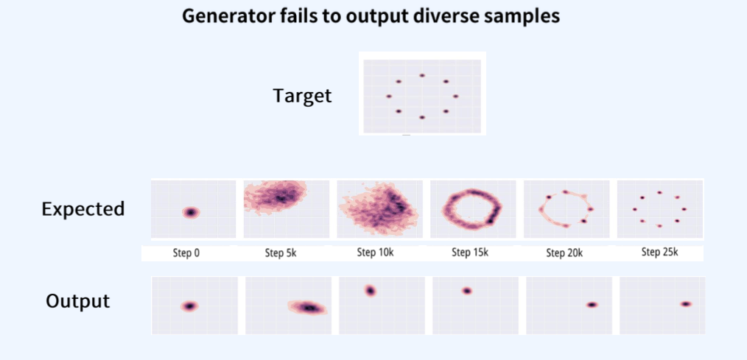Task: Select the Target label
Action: coord(302,96)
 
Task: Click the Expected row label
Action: coord(83,209)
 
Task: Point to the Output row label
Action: coord(77,301)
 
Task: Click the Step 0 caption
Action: coord(186,253)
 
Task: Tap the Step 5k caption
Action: coord(281,253)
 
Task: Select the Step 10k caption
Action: coord(376,253)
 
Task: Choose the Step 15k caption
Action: coord(470,253)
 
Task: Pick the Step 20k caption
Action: coord(564,253)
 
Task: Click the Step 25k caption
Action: coord(660,253)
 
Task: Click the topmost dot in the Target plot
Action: coord(422,75)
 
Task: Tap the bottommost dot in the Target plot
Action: coord(422,117)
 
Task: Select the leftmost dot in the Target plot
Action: coord(389,96)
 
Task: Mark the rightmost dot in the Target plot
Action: coord(455,96)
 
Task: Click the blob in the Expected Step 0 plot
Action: coord(191,212)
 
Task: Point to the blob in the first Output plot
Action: coord(189,306)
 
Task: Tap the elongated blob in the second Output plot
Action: coord(308,308)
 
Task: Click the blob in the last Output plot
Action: coord(686,304)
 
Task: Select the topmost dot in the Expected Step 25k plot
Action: coord(660,192)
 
